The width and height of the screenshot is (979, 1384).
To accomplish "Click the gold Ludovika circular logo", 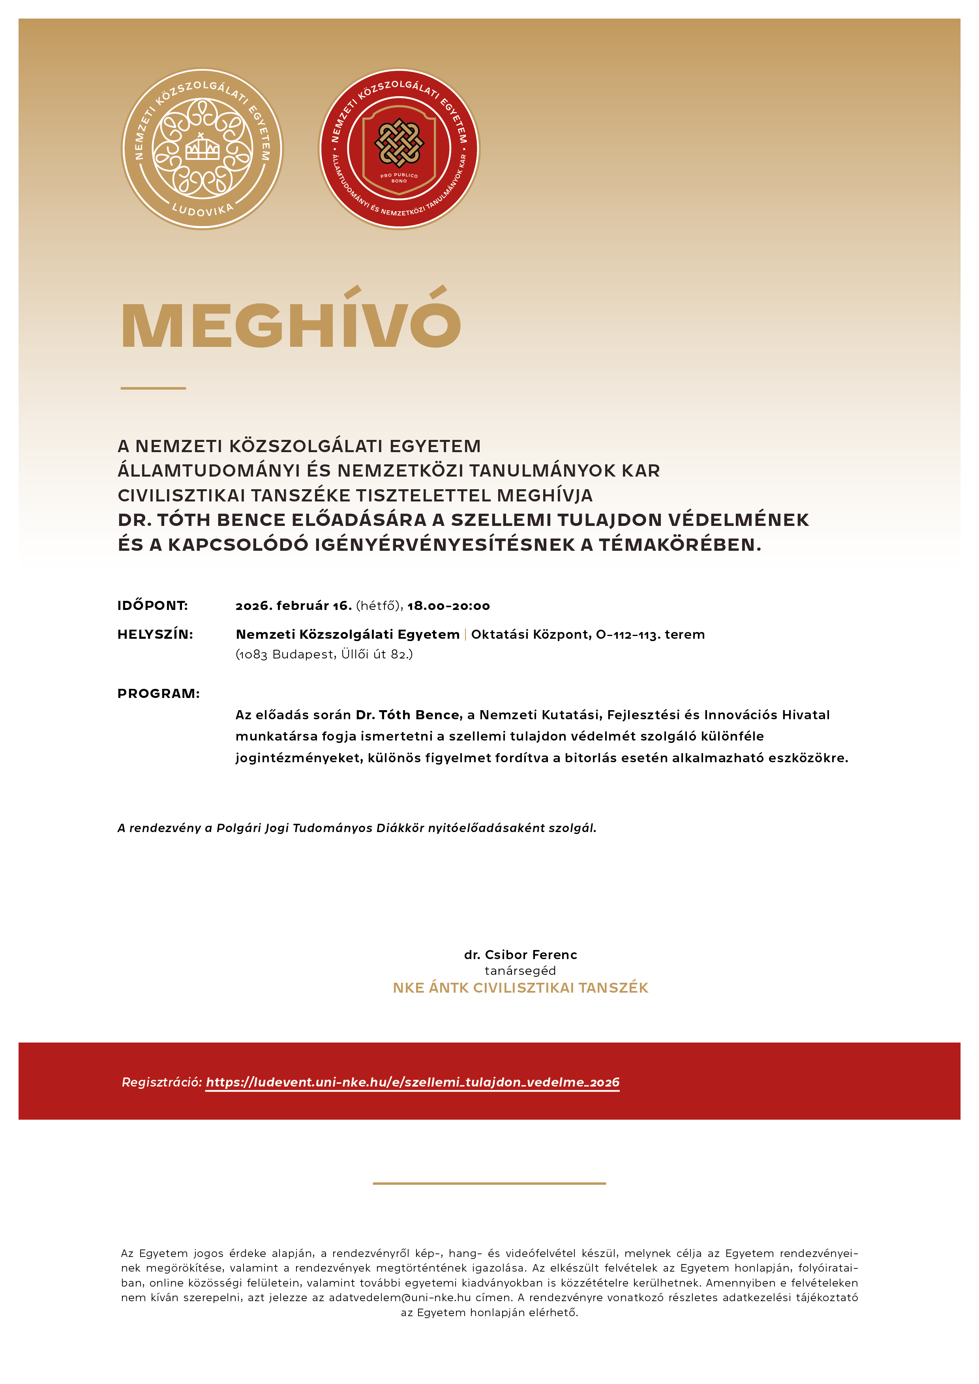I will pyautogui.click(x=202, y=149).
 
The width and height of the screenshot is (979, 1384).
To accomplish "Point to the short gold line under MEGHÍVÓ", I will pyautogui.click(x=153, y=388).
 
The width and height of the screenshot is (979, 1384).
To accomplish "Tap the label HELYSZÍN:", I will pyautogui.click(x=155, y=634).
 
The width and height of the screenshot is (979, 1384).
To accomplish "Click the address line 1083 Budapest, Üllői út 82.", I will pyautogui.click(x=324, y=655).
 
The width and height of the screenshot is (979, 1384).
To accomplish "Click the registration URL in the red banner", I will pyautogui.click(x=413, y=1082).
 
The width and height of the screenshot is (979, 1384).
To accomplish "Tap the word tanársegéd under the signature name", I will pyautogui.click(x=520, y=971).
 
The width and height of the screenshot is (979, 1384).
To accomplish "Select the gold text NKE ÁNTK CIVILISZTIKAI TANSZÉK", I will pyautogui.click(x=520, y=988).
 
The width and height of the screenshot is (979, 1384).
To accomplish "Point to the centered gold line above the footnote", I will pyautogui.click(x=489, y=1183).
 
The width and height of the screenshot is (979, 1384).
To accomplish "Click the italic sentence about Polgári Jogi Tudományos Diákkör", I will pyautogui.click(x=356, y=828).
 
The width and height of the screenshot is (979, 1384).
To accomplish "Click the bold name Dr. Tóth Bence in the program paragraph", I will pyautogui.click(x=408, y=715).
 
